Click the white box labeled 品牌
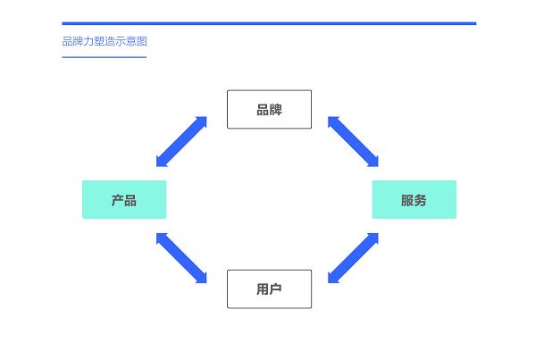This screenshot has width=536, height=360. coord(270,109)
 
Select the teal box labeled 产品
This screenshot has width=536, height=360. coord(124,200)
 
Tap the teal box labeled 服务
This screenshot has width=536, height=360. coord(414,200)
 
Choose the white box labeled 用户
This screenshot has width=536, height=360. coord(270,289)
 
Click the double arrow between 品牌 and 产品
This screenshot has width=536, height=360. coord(181,142)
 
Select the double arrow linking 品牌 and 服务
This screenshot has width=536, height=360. coord(353,142)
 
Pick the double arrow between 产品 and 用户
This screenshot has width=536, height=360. coord(181,258)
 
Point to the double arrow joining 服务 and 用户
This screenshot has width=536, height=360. coord(353,258)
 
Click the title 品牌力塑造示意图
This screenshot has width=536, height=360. coord(105,41)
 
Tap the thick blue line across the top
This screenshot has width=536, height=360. coord(269,23)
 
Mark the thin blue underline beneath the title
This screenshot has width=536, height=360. coord(105,57)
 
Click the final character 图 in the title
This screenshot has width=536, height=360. coord(142,41)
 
